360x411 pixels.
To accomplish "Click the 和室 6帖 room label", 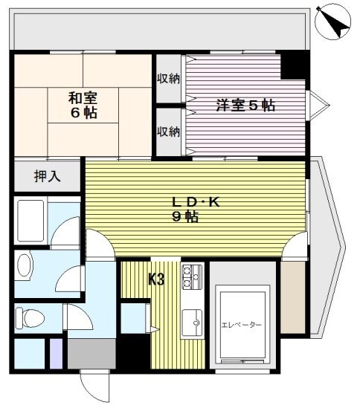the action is coord(83,105).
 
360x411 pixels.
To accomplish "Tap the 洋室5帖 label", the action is coord(245,105).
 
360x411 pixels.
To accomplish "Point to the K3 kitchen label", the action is coord(156,279).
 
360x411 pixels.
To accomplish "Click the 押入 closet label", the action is coord(47,176).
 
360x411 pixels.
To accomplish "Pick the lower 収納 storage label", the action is coord(168,131).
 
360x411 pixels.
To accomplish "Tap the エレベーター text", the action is coord(242,325).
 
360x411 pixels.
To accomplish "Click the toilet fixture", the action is coord(30,318).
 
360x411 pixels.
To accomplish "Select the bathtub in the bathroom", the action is coord(30,221).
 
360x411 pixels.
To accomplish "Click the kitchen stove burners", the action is coord(193,276).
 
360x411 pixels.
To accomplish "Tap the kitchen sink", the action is coord(192,322).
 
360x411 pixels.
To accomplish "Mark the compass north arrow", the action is coord(333,22).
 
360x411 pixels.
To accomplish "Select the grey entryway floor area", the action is coord(91,354).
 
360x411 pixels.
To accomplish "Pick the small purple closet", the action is coord(56,354).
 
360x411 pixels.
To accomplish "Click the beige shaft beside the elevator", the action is coord(293,297).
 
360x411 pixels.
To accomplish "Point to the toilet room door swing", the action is coord(79,317).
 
